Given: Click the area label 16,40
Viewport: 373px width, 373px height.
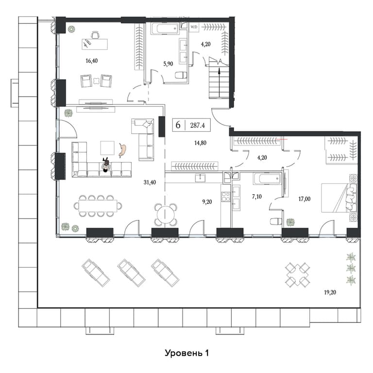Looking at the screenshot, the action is [92, 61].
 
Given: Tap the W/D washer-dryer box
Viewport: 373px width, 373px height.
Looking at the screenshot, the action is [194, 27].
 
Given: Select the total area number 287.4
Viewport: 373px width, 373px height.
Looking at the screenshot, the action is [198, 125].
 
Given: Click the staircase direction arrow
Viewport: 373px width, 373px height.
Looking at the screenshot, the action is [219, 82].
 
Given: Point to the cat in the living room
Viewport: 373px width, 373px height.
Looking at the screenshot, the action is [123, 150].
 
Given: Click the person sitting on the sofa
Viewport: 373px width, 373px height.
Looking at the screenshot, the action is [106, 164].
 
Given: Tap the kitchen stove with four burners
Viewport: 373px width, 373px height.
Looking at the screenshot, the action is [226, 197].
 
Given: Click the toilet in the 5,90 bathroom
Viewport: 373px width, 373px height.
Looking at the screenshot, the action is [181, 75].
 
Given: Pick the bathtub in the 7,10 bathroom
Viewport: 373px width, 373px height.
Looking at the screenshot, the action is [267, 179].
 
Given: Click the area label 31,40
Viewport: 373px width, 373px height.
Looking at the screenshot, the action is [150, 183].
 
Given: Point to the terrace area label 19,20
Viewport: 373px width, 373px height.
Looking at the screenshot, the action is [330, 292].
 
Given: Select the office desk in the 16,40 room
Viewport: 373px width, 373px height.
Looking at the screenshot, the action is [95, 44].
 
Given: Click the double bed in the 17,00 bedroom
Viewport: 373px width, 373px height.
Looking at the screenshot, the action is [339, 198].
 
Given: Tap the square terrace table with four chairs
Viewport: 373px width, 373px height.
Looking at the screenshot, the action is [298, 275].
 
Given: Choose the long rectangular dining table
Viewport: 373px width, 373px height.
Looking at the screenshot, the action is [98, 206].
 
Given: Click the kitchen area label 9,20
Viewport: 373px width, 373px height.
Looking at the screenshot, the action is [207, 202].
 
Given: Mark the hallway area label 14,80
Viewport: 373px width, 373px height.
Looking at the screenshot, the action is [200, 143].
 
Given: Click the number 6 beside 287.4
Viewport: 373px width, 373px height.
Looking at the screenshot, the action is [178, 125].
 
